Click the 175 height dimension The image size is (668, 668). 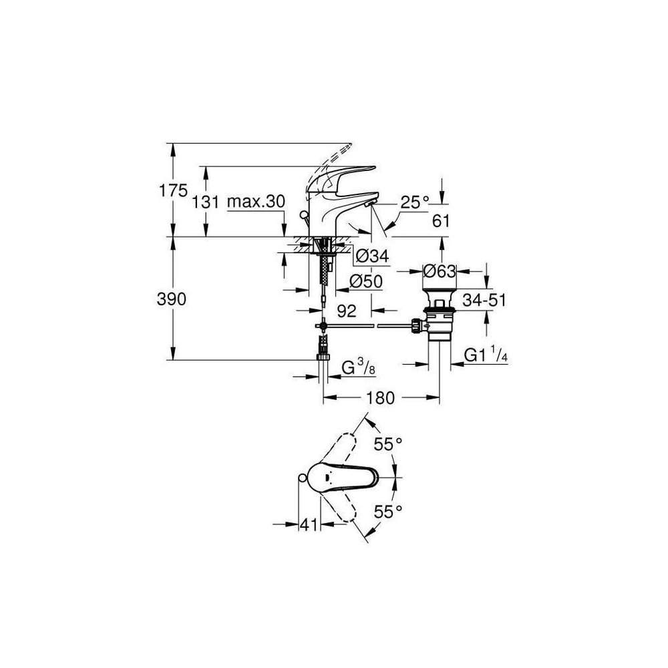[x=174, y=190]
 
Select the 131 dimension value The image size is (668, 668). [x=205, y=202]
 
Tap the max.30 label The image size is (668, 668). [x=256, y=201]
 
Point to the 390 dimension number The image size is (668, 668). [x=172, y=299]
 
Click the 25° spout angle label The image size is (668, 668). [x=415, y=202]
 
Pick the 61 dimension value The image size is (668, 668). [x=441, y=221]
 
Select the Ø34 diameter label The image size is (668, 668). [x=371, y=256]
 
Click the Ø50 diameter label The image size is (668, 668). [x=365, y=281]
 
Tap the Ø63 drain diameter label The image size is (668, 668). [x=440, y=271]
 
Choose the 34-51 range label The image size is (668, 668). [x=484, y=301]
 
